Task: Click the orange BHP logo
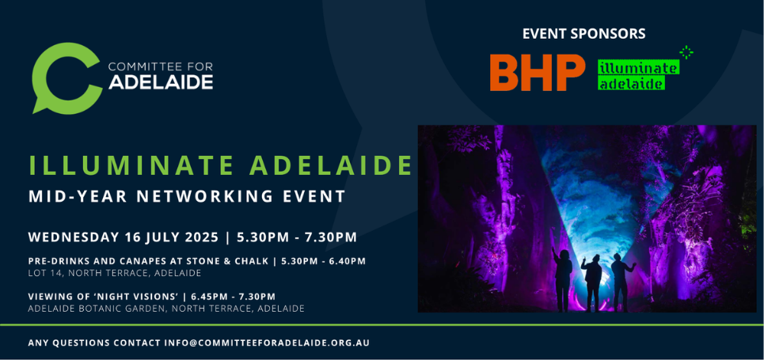[x=538, y=73]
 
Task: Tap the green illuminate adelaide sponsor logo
[x=638, y=75]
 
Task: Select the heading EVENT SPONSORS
[x=583, y=33]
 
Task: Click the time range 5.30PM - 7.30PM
[x=297, y=237]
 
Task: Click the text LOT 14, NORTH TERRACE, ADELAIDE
[x=115, y=273]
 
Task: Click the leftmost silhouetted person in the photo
[x=562, y=280]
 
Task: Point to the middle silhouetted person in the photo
[x=592, y=282]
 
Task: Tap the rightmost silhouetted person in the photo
[x=620, y=282]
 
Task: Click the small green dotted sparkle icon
[x=686, y=52]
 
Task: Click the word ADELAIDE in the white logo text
[x=161, y=81]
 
